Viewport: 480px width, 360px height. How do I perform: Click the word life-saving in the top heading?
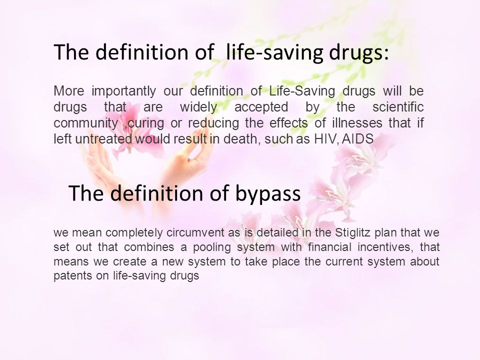coord(274,52)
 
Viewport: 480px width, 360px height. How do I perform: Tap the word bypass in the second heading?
coord(268,194)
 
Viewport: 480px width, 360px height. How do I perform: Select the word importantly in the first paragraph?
coord(123,91)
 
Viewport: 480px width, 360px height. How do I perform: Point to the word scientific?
coord(398,107)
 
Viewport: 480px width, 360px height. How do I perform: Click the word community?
coord(85,123)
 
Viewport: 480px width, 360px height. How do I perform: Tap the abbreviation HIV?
coord(325,139)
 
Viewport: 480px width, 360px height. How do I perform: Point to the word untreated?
coord(104,139)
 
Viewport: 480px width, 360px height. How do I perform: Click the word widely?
coord(198,107)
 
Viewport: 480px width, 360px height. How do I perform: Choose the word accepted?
coord(261,107)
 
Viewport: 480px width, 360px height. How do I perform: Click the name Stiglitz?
coord(353,232)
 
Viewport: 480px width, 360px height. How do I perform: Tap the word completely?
coord(134,233)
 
